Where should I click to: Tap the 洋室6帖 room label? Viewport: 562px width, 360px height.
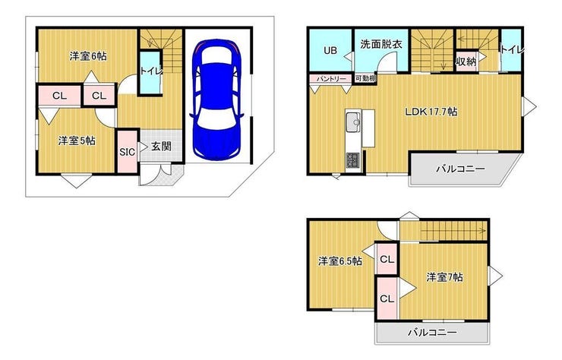(x=87, y=56)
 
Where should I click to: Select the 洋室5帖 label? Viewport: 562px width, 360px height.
(x=77, y=141)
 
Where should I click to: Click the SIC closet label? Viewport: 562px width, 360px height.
(x=127, y=151)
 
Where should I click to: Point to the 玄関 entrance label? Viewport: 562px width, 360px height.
(x=160, y=147)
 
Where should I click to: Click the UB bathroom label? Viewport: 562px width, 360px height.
(x=330, y=51)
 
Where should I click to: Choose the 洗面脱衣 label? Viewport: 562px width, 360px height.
(x=381, y=45)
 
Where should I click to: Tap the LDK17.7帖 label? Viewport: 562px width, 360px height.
(x=430, y=111)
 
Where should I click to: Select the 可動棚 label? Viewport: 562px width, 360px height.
(x=365, y=78)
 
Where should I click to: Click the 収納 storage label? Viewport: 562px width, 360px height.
(x=466, y=62)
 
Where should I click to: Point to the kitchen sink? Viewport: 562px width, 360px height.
(x=352, y=122)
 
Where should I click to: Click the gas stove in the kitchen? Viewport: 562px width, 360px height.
(x=353, y=159)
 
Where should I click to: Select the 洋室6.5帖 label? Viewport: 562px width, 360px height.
(x=339, y=261)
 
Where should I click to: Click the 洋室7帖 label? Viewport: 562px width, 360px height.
(x=444, y=276)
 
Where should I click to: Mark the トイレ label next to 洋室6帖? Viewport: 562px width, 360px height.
(x=149, y=71)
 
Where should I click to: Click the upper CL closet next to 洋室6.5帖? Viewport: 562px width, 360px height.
(x=387, y=260)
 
